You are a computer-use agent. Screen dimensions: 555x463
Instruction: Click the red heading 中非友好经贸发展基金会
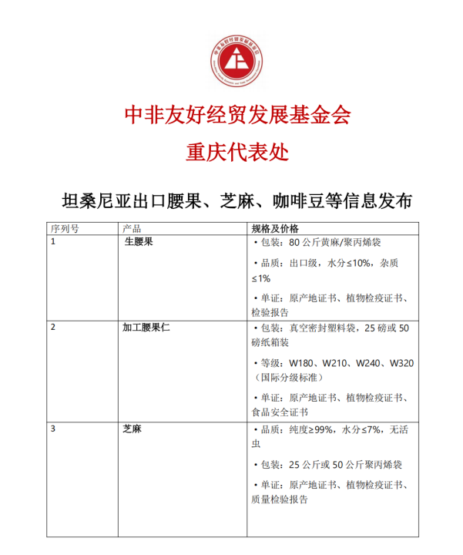pos(237,115)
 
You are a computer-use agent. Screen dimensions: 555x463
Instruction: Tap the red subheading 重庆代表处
pos(237,152)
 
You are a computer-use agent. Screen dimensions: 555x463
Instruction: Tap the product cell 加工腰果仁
pos(146,327)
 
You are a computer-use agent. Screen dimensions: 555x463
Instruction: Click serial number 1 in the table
pos(53,242)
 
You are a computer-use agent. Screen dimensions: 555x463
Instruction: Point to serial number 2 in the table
pos(53,327)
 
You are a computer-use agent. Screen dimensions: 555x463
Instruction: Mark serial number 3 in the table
pos(53,429)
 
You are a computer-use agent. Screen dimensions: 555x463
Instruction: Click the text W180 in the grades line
pos(303,363)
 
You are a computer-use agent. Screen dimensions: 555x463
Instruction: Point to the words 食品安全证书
pos(279,412)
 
